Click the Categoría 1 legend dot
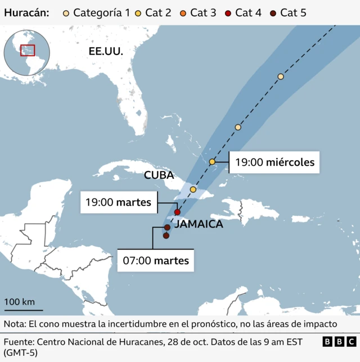67,12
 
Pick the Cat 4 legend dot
228,12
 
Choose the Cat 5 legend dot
273,12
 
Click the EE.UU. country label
106,51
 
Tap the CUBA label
159,175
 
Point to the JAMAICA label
199,224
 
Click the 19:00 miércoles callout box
274,163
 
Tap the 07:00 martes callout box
156,261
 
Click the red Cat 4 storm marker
177,212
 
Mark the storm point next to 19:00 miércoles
213,162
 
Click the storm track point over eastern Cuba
193,189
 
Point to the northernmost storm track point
281,76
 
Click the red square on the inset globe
27,50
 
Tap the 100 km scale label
20,302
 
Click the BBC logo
339,341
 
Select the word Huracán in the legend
26,12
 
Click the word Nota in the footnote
15,324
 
